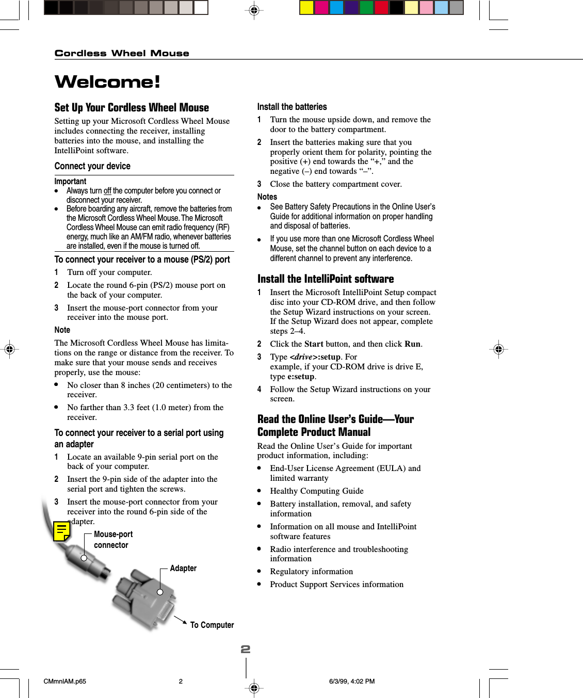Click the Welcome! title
pos(107,82)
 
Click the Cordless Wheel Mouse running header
pos(122,53)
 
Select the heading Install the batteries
pos(292,107)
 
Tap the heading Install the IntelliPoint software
pos(326,279)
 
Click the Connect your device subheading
pos(92,166)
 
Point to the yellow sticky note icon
pos(62,531)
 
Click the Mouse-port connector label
pos(112,540)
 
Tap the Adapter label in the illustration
pos(183,568)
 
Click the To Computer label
pos(212,625)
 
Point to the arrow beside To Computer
pos(180,620)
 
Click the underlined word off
pos(107,191)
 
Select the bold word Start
pos(314,344)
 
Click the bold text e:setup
pos(301,377)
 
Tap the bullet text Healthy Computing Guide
pos(317,491)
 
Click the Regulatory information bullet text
pos(312,572)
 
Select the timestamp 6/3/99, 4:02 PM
pos(352,681)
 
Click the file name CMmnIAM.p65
pos(65,681)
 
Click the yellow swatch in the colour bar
pos(306,7)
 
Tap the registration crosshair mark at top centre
pos(254,10)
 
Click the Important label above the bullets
pos(70,181)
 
